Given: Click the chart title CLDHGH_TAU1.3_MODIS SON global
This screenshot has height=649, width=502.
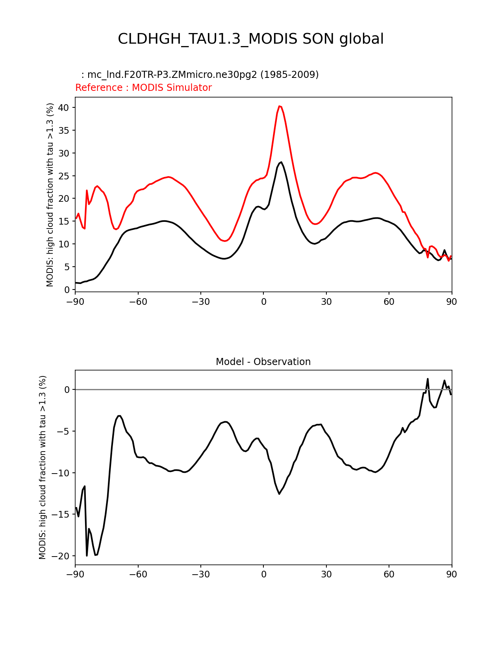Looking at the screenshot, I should click(251, 39).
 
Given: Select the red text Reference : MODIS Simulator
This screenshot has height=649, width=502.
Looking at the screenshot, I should click(143, 88).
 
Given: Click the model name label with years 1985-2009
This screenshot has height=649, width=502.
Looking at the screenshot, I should click(200, 75).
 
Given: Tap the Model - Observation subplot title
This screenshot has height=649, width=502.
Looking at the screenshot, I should click(263, 362).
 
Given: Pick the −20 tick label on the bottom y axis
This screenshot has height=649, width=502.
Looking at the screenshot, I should click(62, 556).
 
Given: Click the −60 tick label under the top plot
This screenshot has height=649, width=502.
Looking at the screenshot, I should click(138, 302).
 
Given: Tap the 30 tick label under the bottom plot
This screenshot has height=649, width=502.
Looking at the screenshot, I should click(326, 574).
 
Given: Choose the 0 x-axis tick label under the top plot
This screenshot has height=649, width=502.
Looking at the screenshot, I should click(263, 302).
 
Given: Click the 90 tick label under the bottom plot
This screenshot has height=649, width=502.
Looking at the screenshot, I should click(452, 574).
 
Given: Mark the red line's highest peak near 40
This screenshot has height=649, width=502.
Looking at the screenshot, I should click(280, 106).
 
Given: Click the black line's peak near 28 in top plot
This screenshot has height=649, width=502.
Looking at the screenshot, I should click(281, 162).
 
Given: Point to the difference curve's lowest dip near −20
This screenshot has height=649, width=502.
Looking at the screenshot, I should click(96, 555).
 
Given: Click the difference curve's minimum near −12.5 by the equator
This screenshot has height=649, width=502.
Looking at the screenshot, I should click(279, 494).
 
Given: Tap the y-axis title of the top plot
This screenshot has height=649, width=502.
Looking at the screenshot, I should click(50, 195).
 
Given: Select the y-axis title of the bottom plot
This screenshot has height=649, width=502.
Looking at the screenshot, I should click(43, 467).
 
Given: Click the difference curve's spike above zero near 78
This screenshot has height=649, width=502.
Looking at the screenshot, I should click(428, 379).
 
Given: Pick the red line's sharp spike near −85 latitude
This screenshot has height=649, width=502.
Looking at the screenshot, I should click(87, 190).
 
